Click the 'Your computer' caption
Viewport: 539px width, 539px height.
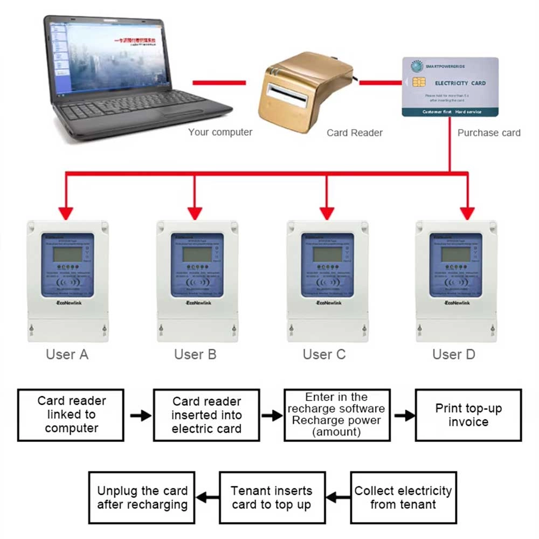(220, 132)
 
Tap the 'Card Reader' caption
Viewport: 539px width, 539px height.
(355, 133)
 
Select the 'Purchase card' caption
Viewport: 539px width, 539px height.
(489, 133)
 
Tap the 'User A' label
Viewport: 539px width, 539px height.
(67, 355)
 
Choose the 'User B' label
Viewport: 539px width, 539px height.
(196, 355)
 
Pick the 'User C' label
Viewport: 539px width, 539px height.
(324, 355)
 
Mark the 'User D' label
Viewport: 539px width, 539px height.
(454, 355)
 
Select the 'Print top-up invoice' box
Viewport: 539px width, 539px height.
(468, 414)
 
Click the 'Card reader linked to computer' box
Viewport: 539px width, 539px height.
(71, 414)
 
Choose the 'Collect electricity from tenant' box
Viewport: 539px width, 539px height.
(403, 497)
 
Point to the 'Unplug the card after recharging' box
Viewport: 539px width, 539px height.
(142, 497)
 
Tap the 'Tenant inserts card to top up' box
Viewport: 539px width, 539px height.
(272, 497)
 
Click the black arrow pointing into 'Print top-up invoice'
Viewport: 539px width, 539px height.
(404, 416)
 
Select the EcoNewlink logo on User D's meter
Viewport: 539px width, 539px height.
(458, 303)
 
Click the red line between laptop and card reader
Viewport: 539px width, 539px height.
(219, 82)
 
